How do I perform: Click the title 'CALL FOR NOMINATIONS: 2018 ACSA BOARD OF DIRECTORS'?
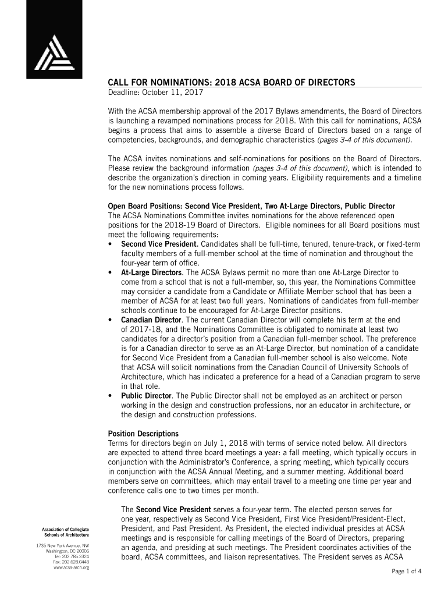(232, 83)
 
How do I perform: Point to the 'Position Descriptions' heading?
(144, 434)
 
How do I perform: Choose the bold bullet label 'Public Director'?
(146, 395)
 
